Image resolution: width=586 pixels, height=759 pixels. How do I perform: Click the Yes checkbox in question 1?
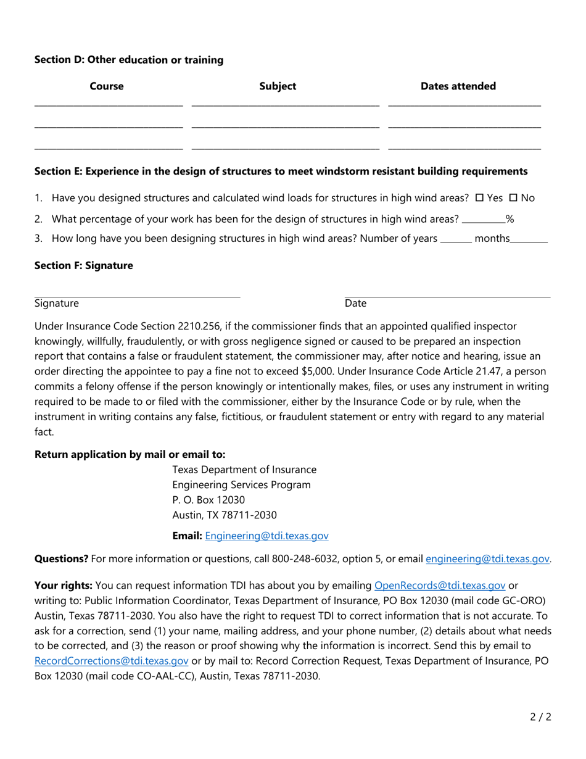479,198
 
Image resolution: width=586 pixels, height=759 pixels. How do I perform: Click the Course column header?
107,86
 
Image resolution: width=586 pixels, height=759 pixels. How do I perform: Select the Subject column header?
278,86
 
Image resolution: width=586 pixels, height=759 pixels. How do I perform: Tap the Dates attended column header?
458,86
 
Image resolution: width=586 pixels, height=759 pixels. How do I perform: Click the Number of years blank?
456,239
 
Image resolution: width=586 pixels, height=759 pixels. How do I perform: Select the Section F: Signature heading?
83,265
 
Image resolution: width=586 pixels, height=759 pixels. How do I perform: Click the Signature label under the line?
57,303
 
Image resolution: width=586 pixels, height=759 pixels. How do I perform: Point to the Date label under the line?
355,303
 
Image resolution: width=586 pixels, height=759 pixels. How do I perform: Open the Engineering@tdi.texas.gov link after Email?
266,536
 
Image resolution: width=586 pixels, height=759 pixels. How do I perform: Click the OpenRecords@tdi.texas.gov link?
440,585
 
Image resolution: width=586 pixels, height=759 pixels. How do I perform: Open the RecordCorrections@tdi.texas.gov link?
111,660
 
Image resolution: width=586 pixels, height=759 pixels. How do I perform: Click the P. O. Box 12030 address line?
208,500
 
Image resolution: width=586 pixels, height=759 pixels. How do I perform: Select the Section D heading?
129,60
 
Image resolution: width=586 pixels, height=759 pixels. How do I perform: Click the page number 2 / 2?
540,717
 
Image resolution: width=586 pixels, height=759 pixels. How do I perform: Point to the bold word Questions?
61,559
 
